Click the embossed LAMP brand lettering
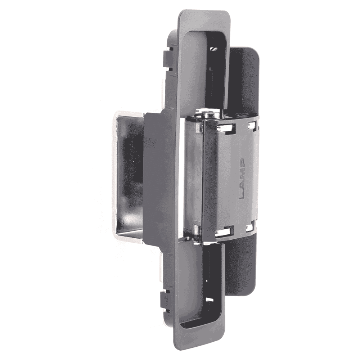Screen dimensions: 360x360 pyautogui.click(x=242, y=179)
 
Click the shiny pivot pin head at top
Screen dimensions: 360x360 pyautogui.click(x=208, y=114)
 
